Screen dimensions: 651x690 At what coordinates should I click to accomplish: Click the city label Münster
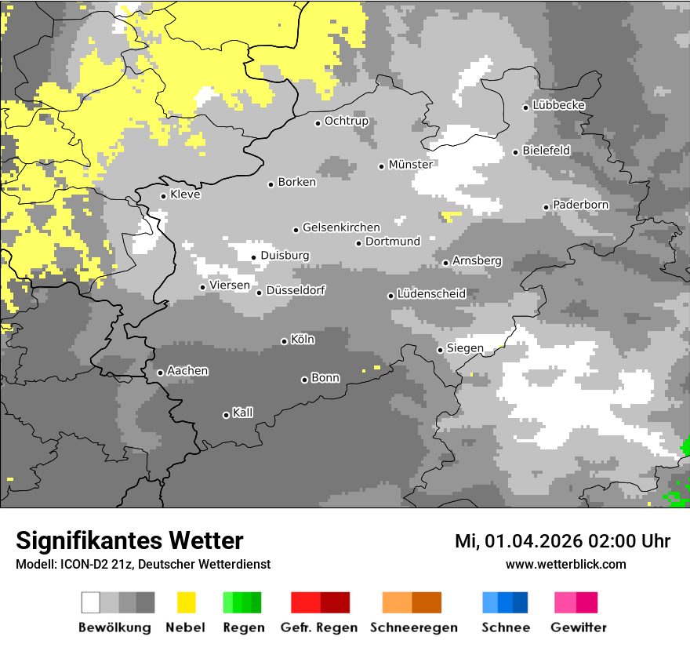[410, 165]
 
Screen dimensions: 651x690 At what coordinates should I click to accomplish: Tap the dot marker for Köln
[284, 341]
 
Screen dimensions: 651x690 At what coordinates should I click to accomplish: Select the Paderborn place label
[580, 205]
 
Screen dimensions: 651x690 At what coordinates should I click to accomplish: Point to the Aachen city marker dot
[160, 373]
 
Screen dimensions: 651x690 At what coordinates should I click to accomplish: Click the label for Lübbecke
[558, 105]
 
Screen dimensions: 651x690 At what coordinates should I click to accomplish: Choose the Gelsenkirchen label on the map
[341, 227]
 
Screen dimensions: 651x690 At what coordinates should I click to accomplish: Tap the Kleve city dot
[163, 196]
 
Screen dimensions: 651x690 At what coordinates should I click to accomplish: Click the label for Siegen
[465, 348]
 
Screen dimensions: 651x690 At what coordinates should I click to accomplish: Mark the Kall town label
[242, 413]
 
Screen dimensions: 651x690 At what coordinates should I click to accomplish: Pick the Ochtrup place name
[346, 121]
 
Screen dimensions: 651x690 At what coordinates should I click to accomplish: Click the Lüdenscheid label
[431, 294]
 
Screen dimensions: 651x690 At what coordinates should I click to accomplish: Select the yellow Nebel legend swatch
[186, 602]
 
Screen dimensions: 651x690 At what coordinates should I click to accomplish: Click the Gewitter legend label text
[579, 627]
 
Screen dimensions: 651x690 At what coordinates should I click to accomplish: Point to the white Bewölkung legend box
[90, 602]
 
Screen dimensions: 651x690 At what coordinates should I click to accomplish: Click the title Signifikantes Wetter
[129, 540]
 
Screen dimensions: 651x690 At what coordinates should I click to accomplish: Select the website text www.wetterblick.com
[565, 564]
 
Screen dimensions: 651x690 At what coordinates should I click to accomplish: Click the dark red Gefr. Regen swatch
[335, 602]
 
